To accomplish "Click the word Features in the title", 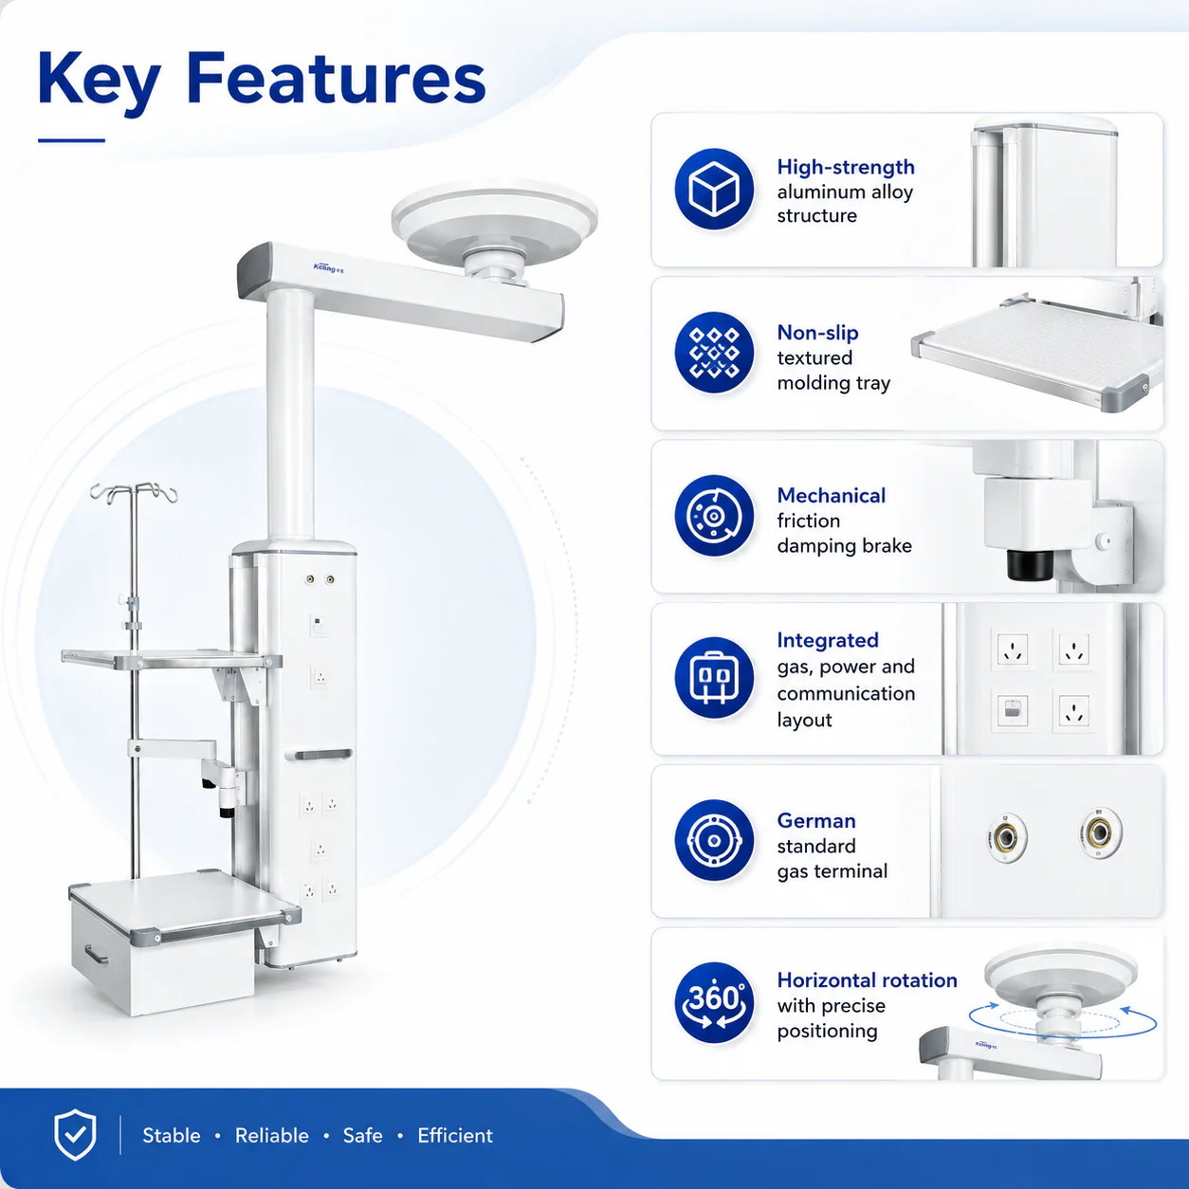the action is [x=336, y=79].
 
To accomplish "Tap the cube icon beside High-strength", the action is [x=714, y=189].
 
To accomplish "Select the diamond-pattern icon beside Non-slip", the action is [x=714, y=353].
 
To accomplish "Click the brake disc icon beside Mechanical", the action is [x=714, y=515].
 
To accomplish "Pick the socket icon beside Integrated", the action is [x=714, y=678].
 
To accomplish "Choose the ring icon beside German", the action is [x=714, y=840].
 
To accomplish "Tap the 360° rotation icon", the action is [x=714, y=1002].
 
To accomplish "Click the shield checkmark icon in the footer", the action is [x=75, y=1134].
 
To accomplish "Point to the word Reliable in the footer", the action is [x=271, y=1135].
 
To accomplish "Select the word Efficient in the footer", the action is [x=455, y=1135].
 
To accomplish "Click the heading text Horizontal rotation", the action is [x=867, y=979].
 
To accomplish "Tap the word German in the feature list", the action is [x=816, y=821].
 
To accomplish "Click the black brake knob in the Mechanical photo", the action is [x=1031, y=564].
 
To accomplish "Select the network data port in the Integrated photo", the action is [x=1013, y=710].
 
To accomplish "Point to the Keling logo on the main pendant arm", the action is [x=329, y=267].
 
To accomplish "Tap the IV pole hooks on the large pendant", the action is [x=134, y=493].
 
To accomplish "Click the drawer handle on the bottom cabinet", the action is [x=95, y=955].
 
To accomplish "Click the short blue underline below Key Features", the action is [x=71, y=140].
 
